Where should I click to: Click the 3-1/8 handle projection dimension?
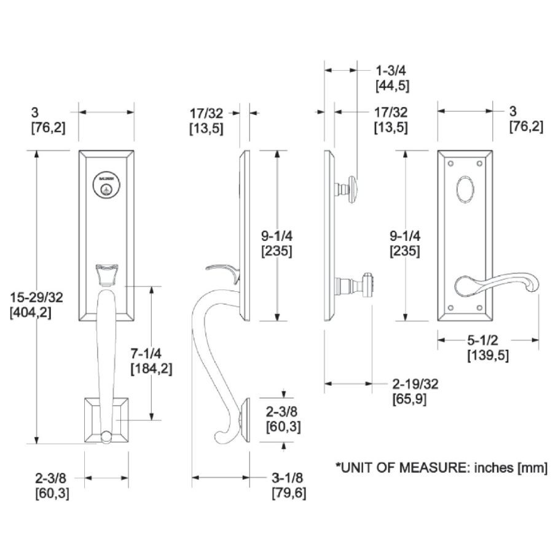point(288,478)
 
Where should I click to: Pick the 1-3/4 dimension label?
point(392,71)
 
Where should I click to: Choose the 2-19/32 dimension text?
point(415,384)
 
